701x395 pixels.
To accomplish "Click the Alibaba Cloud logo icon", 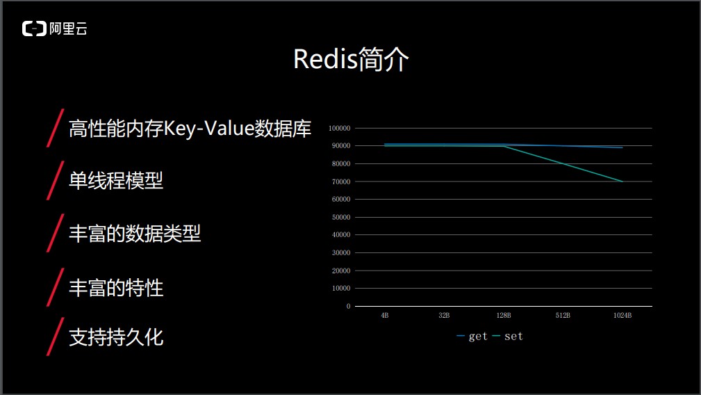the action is pos(35,29).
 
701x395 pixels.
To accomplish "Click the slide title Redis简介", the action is pos(351,59).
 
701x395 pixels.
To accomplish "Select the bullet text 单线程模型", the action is pos(116,181).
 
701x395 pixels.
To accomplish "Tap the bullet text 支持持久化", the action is pos(116,337).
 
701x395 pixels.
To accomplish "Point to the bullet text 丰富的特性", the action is pos(116,288).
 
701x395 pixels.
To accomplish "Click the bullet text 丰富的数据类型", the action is pos(135,234).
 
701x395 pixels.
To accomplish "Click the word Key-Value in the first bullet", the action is pos(209,129).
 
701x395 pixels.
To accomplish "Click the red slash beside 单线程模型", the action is pos(56,180).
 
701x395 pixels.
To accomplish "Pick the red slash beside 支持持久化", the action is pos(56,337).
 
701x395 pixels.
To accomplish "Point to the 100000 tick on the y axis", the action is pos(339,129).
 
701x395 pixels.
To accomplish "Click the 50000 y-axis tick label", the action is pos(341,218).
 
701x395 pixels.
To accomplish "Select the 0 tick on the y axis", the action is pos(348,307).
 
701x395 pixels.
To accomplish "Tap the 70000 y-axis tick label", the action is pos(341,182).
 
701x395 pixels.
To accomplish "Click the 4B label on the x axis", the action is pos(384,315).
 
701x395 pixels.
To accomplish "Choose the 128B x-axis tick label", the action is pos(504,315).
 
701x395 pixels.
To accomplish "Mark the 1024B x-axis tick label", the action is pos(622,315).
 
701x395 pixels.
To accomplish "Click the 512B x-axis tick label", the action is pos(563,315).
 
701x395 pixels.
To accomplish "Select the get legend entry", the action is pos(472,336).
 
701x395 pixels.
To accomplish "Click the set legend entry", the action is pos(508,336).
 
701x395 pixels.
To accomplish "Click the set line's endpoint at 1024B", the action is pos(622,182).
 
